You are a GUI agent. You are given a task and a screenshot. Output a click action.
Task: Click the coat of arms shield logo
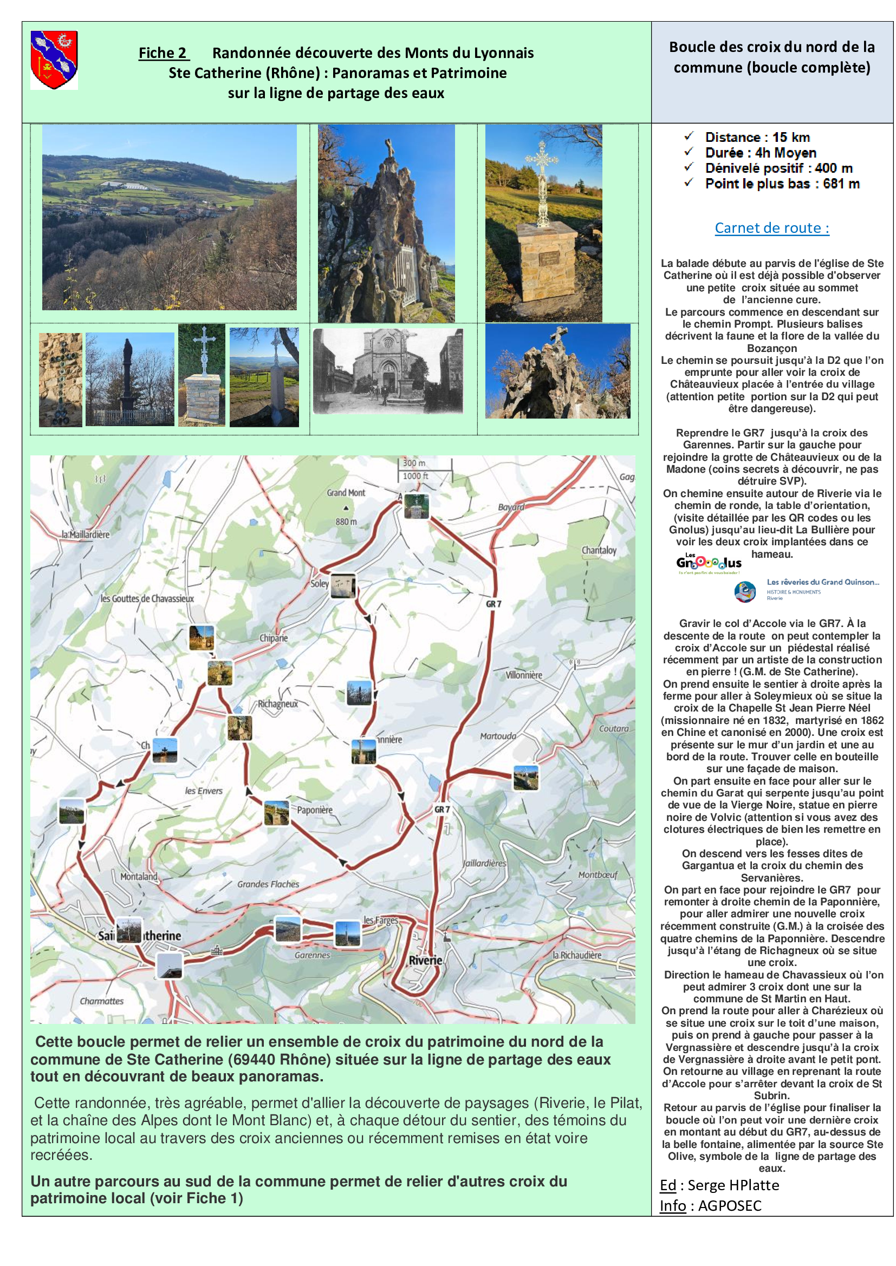click(54, 60)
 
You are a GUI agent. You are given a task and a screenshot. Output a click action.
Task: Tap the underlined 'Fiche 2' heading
click(163, 53)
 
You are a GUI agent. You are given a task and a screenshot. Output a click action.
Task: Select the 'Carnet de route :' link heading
click(771, 228)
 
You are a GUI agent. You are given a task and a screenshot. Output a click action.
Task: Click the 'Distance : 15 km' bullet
click(757, 138)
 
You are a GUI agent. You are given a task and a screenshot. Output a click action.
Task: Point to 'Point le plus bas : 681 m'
click(782, 184)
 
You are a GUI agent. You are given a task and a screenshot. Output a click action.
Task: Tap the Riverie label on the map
click(425, 960)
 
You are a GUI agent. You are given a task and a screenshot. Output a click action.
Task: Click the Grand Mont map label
click(346, 493)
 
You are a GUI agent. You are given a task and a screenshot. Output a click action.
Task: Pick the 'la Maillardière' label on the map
click(86, 534)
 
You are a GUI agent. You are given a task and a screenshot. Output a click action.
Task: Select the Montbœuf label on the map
click(598, 875)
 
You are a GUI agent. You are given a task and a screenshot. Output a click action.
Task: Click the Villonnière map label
click(524, 675)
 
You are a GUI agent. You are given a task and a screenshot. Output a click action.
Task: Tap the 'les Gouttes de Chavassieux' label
click(147, 598)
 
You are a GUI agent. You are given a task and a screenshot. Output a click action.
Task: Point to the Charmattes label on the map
click(101, 1001)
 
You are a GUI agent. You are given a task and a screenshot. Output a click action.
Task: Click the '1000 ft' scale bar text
click(415, 476)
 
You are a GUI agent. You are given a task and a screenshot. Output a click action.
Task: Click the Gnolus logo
click(709, 563)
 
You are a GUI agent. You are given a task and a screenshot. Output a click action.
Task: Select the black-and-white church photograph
click(388, 371)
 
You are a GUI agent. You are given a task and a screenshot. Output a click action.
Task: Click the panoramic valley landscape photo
click(170, 217)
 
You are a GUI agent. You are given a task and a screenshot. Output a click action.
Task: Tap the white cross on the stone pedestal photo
click(543, 223)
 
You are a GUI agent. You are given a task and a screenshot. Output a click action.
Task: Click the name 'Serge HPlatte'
click(733, 1185)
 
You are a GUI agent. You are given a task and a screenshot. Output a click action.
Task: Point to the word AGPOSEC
click(729, 1205)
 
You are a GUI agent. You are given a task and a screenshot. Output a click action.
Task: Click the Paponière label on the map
click(315, 810)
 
